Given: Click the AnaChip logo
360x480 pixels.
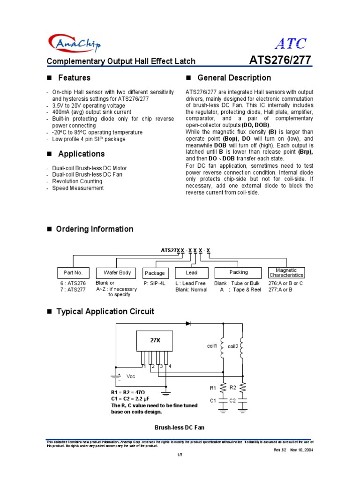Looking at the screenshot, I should click(x=74, y=44).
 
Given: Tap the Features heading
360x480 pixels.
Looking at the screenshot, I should click(x=74, y=78).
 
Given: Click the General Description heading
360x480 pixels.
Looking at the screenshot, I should click(x=234, y=78).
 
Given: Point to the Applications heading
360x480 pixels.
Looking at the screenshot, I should click(x=81, y=154).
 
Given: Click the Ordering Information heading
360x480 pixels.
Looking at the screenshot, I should click(x=95, y=229).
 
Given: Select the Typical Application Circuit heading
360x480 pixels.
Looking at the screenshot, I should click(x=105, y=312).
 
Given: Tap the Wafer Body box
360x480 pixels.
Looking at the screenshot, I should click(x=114, y=273).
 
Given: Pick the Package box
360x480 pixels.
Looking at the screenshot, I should click(x=155, y=273).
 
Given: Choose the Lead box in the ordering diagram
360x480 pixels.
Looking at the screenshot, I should click(x=192, y=273).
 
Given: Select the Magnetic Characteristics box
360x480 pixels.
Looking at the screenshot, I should click(x=286, y=273).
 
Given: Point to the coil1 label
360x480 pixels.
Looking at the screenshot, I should click(x=212, y=346).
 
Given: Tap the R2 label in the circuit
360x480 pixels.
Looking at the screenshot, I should click(x=232, y=387).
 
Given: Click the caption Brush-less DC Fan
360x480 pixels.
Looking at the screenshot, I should click(x=180, y=427).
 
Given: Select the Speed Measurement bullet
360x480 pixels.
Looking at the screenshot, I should click(x=78, y=188).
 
